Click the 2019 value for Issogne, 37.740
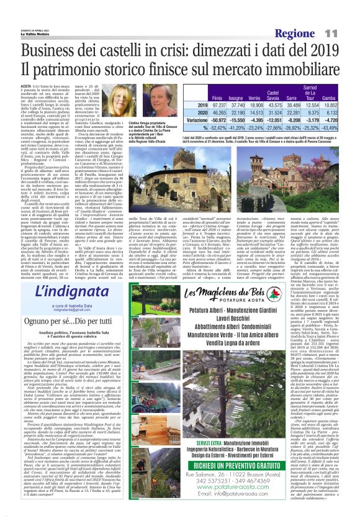(218, 106)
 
